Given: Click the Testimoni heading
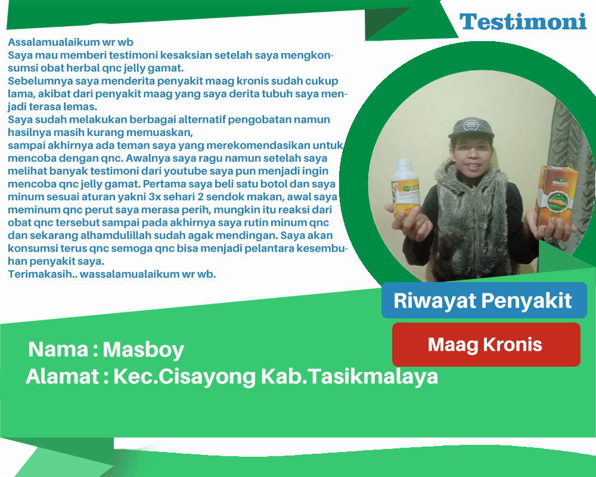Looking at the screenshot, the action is tap(523, 21).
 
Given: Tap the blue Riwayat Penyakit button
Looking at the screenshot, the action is tap(484, 300).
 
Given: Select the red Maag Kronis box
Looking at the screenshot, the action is tap(486, 345).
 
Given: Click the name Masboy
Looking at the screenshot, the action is tap(143, 350).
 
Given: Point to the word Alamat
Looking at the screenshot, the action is tap(63, 377).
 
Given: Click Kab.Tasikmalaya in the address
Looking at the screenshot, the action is tap(349, 377).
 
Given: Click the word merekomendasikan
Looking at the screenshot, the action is tap(259, 145).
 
